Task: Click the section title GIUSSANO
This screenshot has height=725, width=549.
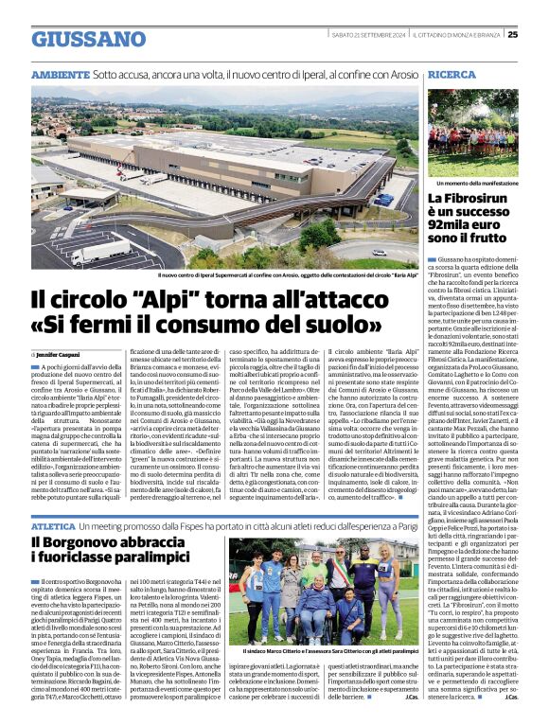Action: point(88,39)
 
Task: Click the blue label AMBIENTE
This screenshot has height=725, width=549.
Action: point(60,74)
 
